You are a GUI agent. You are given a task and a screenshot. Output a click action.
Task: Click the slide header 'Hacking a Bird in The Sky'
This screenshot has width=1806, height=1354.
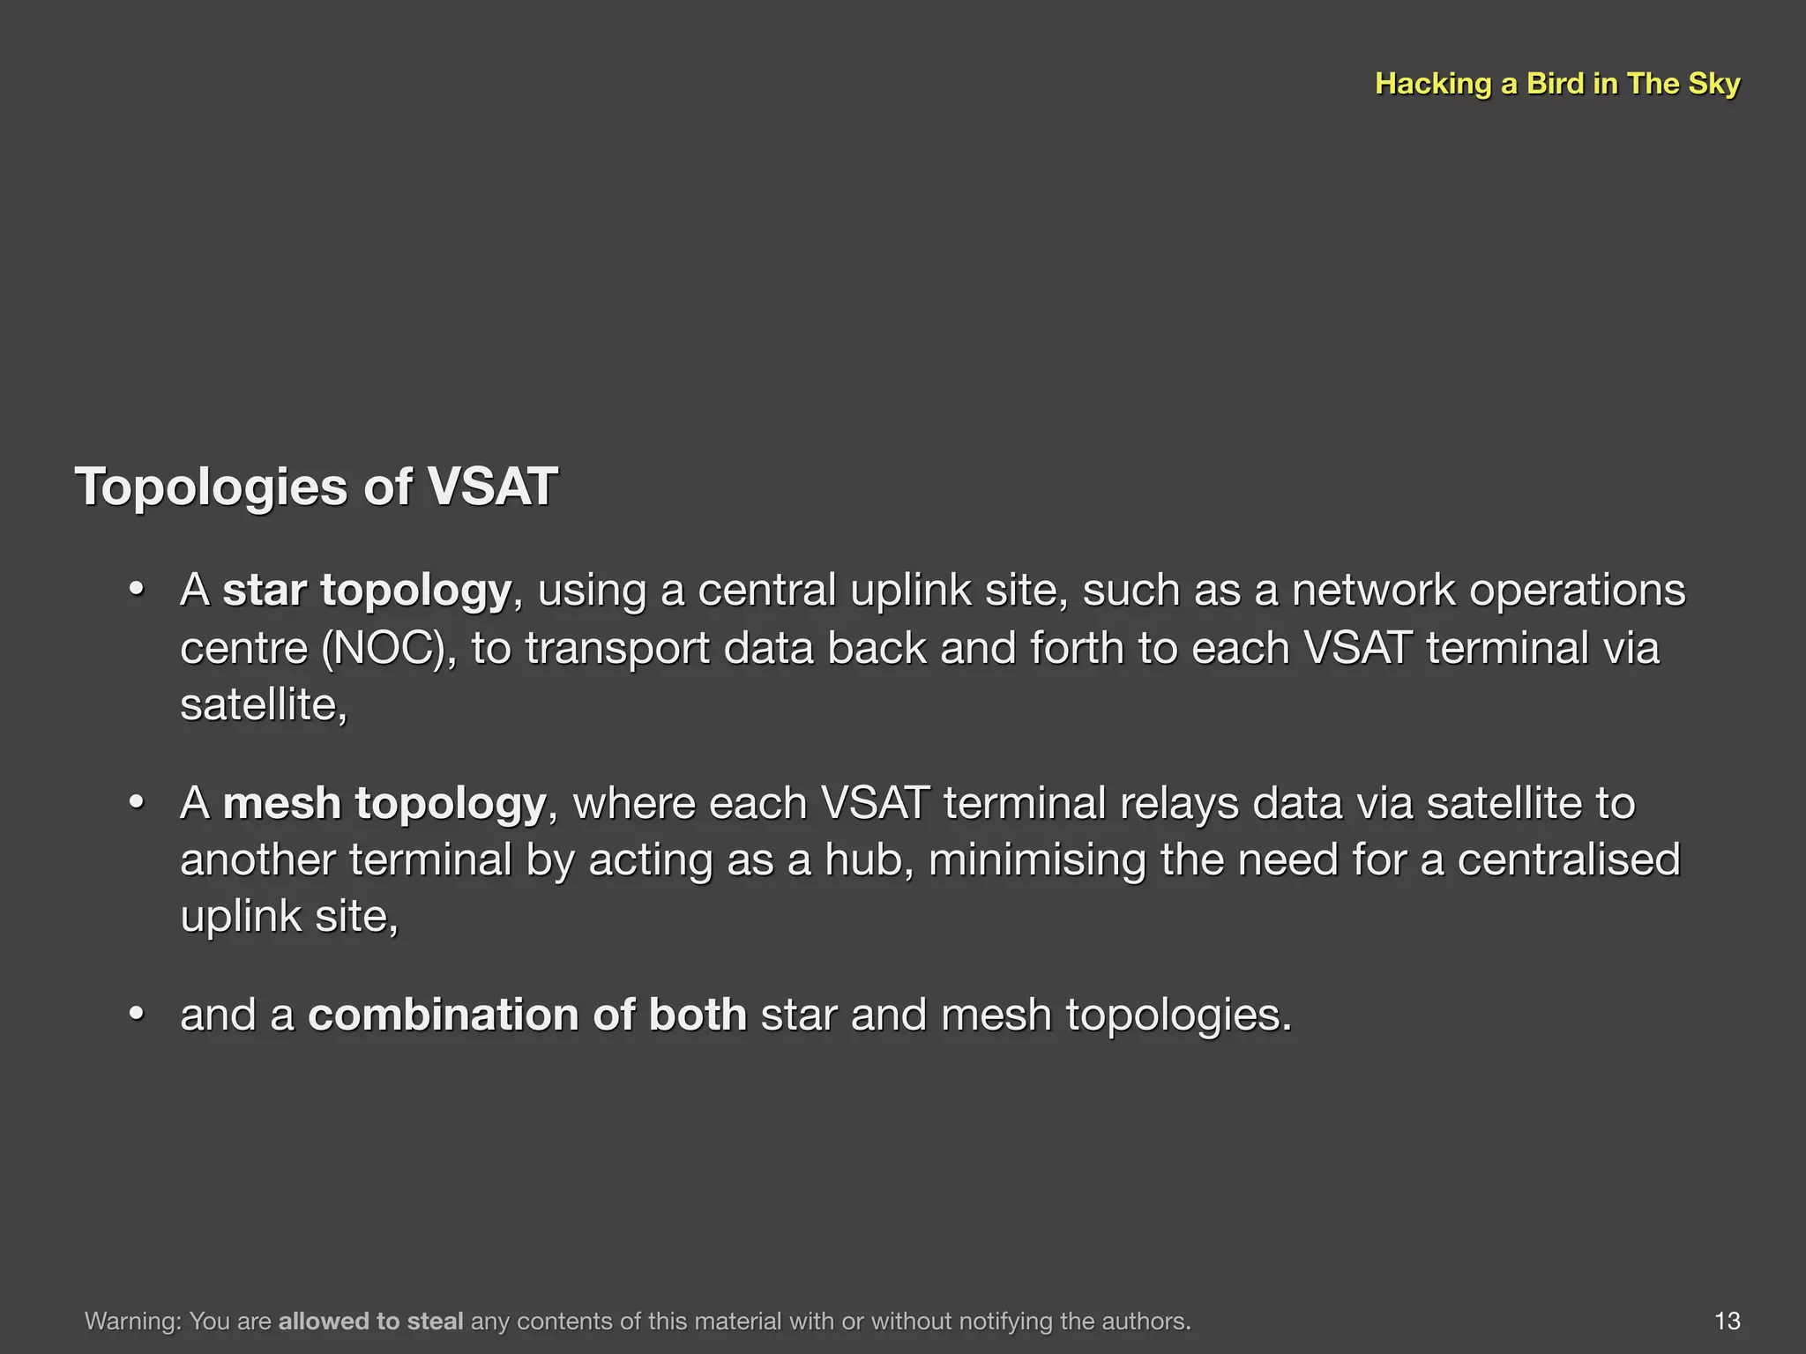[x=1556, y=84]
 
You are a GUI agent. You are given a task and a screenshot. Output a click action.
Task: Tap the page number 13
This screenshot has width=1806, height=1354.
[x=1727, y=1321]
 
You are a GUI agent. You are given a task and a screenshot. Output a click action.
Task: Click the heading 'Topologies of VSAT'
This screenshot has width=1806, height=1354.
[x=317, y=487]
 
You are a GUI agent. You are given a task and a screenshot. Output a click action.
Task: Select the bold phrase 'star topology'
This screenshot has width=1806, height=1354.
[x=367, y=591]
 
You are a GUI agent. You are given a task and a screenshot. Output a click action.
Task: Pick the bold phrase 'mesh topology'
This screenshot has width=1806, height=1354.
[x=384, y=804]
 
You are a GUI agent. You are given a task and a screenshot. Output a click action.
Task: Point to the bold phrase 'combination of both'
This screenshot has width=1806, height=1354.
[x=527, y=1015]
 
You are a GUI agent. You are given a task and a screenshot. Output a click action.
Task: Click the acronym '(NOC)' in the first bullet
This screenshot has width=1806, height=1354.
[x=389, y=648]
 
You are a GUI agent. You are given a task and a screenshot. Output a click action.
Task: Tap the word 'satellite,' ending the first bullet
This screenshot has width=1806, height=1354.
[x=264, y=705]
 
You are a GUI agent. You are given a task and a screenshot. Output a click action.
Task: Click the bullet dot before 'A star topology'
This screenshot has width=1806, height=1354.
[x=136, y=590]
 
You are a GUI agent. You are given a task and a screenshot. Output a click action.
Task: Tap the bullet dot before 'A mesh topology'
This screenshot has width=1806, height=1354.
[x=136, y=803]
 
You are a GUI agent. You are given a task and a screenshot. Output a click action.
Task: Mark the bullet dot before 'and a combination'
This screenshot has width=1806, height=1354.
[x=136, y=1015]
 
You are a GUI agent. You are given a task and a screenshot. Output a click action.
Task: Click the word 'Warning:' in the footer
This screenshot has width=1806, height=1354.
[x=133, y=1321]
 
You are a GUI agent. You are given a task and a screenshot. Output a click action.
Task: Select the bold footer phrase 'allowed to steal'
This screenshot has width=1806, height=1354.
[x=370, y=1321]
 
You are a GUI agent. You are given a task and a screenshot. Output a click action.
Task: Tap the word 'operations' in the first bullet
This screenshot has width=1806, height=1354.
[x=1577, y=591]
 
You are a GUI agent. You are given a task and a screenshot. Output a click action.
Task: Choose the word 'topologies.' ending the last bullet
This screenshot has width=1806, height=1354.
[x=1179, y=1015]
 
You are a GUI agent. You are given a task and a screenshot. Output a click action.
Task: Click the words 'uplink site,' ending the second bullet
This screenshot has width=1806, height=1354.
[x=289, y=917]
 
